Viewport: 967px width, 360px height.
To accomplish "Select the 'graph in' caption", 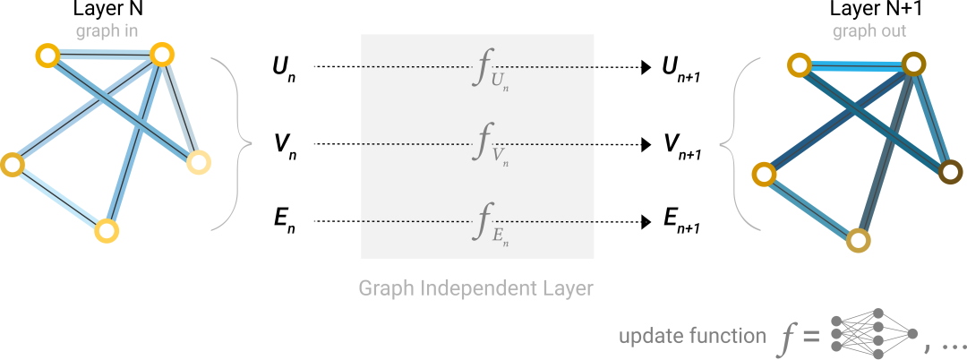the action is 107,30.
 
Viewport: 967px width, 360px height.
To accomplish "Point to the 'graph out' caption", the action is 869,30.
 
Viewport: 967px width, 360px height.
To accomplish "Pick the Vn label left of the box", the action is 285,144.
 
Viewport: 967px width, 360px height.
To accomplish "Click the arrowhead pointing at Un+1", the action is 646,67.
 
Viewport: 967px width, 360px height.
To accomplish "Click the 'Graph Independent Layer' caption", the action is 475,287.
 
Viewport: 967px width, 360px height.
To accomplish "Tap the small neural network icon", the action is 875,334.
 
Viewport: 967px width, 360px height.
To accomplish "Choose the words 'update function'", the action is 693,336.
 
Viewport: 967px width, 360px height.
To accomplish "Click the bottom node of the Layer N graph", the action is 107,232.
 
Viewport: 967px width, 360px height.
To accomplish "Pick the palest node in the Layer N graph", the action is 199,163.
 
